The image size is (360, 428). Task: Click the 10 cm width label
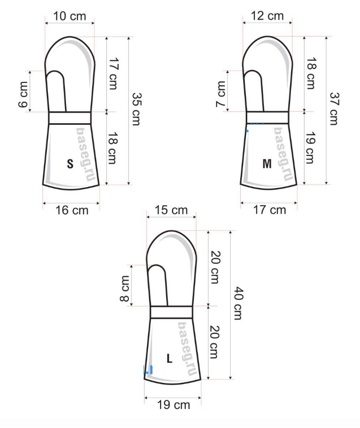pyautogui.click(x=69, y=16)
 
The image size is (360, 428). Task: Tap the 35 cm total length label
pyautogui.click(x=136, y=109)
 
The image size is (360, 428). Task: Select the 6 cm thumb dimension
pyautogui.click(x=23, y=95)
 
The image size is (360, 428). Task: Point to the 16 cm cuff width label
pyautogui.click(x=72, y=210)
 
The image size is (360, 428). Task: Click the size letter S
pyautogui.click(x=70, y=164)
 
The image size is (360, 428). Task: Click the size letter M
pyautogui.click(x=267, y=164)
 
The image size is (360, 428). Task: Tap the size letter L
pyautogui.click(x=170, y=358)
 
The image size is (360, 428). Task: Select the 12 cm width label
pyautogui.click(x=267, y=16)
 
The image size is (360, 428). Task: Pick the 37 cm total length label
pyautogui.click(x=334, y=109)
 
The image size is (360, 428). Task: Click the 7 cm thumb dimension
pyautogui.click(x=221, y=94)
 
